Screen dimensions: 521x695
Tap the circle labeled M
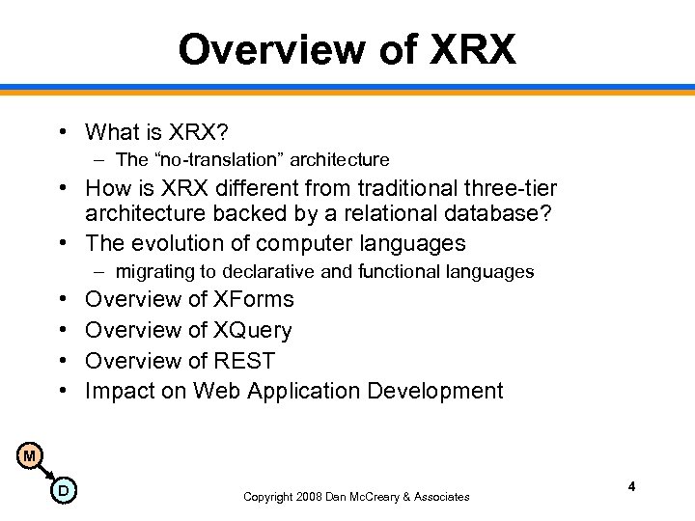(30, 455)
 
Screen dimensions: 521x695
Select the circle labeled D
(63, 491)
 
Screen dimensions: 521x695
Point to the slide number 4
(631, 487)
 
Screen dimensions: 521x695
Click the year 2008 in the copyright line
(307, 497)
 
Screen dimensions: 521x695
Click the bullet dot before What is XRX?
(60, 131)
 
